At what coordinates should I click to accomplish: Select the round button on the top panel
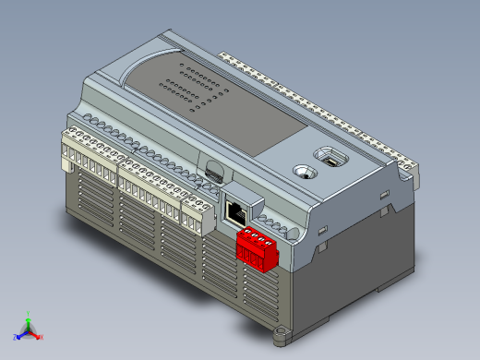coord(302,171)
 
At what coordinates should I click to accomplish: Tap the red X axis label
coord(42,337)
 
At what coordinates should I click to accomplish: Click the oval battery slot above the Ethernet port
coord(214,171)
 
